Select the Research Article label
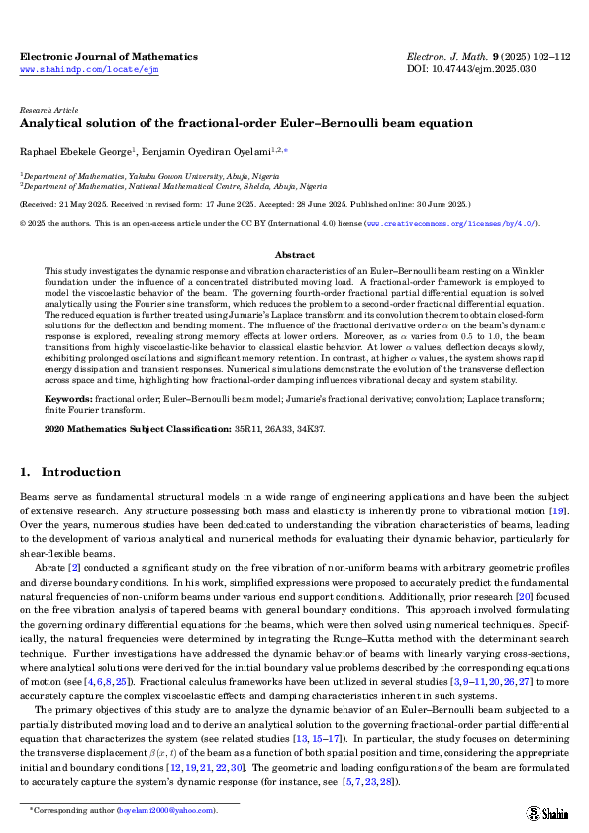coord(48,110)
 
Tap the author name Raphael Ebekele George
coord(75,153)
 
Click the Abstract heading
coord(294,254)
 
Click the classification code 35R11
coord(242,430)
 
